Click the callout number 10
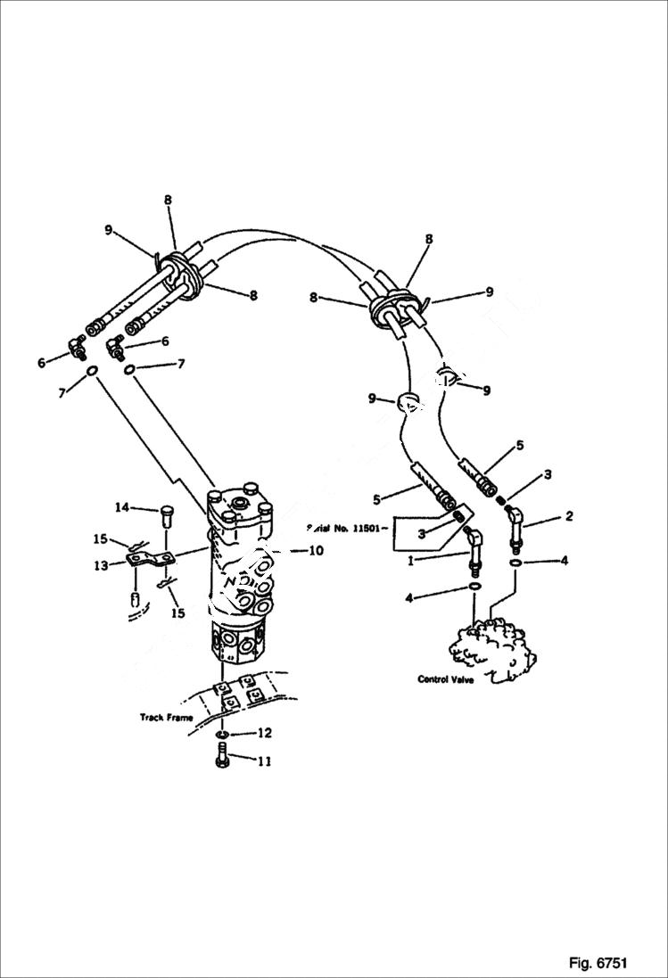pos(316,551)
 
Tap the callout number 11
pos(265,761)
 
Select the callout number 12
pos(265,734)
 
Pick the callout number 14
pos(121,507)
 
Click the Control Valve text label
pos(447,679)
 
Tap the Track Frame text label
pos(167,717)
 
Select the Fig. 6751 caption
pos(598,963)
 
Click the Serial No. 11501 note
pos(347,528)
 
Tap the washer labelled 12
pos(221,735)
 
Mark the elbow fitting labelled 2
pos(515,521)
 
